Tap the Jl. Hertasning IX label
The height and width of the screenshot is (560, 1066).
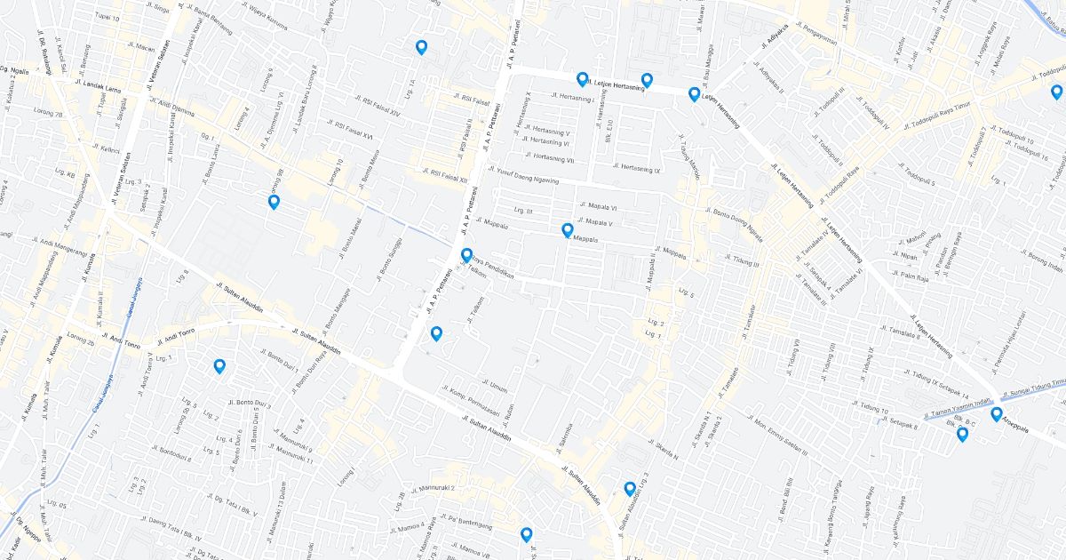(638, 168)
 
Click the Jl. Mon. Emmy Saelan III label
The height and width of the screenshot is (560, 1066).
(781, 435)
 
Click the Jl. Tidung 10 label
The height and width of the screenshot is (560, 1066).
(871, 408)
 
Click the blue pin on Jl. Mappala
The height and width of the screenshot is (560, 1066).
(568, 231)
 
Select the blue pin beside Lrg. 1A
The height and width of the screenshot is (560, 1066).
(421, 47)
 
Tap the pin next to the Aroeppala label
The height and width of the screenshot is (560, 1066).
(997, 414)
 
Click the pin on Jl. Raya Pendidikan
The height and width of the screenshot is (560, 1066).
(466, 256)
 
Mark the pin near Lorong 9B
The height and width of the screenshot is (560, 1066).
(274, 202)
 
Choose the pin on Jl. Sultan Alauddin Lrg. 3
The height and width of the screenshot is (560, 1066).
(630, 488)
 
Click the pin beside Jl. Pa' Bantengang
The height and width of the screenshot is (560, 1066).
(526, 534)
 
